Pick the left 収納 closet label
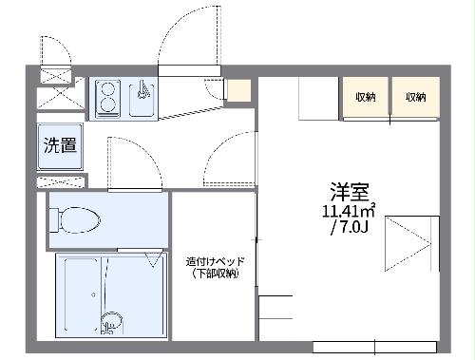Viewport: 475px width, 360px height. (366, 97)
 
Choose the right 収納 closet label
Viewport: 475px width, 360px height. (415, 97)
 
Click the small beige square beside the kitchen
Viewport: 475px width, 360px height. (238, 91)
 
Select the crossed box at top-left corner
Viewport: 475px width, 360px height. (55, 76)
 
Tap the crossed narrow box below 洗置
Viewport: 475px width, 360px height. (60, 180)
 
